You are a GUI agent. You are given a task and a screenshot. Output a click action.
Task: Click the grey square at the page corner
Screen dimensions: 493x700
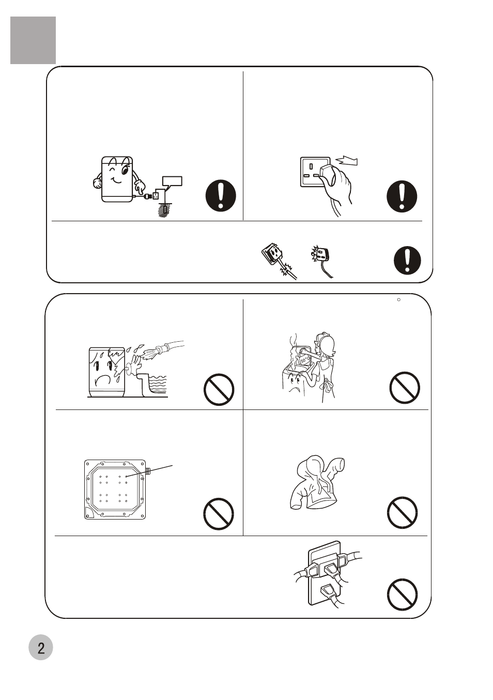(x=33, y=40)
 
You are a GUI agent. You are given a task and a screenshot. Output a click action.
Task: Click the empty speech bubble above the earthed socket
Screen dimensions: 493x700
(x=172, y=182)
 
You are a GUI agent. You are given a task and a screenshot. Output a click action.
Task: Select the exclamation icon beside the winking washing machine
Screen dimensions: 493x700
(x=221, y=195)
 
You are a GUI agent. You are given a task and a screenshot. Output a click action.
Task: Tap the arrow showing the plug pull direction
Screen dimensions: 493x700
(x=347, y=160)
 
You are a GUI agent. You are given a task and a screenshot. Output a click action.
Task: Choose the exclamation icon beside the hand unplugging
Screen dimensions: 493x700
(x=402, y=196)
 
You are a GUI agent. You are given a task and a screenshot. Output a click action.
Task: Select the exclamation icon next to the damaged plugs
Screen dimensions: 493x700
(x=407, y=261)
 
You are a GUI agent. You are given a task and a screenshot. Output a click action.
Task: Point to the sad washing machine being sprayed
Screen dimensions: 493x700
(x=107, y=372)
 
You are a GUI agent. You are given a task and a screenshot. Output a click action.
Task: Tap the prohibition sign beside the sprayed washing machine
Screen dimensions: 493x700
(x=219, y=389)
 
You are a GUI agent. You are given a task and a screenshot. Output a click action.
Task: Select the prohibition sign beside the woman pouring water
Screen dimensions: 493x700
(x=405, y=388)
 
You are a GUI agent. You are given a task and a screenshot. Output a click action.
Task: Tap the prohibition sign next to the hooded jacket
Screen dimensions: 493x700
(x=403, y=512)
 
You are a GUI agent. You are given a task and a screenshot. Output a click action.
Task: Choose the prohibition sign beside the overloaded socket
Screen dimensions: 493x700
(x=403, y=594)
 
